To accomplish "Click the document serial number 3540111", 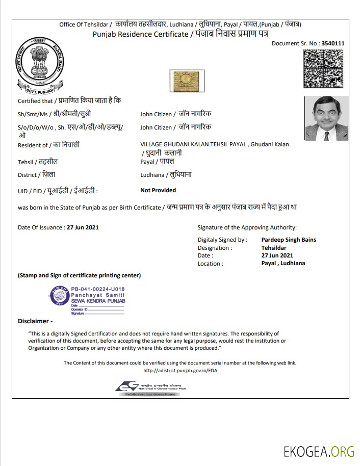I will point(333,43).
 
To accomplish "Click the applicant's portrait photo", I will point(326,118).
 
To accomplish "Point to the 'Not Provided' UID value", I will point(158,190).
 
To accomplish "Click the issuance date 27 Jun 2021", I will point(83,227).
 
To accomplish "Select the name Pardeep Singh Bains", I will point(289,240).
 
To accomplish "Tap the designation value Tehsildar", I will point(274,248).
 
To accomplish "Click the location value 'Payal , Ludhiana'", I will point(283,263).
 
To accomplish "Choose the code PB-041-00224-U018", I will point(97,288).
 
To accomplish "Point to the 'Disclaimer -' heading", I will point(35,321).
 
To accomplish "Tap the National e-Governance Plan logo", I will point(150,389).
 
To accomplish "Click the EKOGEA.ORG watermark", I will point(319,451).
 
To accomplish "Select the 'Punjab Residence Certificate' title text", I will point(140,34).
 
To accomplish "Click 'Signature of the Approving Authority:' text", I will point(247,228).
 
